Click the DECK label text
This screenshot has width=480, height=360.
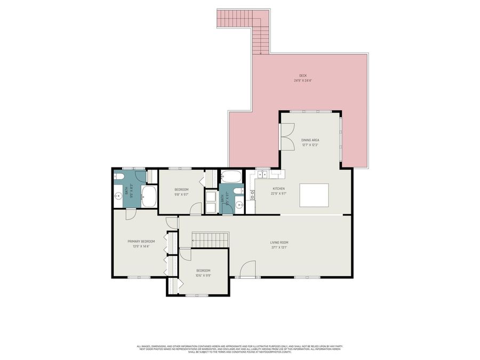(x=303, y=76)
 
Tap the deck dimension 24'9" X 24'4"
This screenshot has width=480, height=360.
(x=303, y=81)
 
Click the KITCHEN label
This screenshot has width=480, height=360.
(x=279, y=188)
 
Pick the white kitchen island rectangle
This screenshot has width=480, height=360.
(x=314, y=195)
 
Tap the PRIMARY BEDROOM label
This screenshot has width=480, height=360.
(x=137, y=241)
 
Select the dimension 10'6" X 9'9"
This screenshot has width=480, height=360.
(x=203, y=275)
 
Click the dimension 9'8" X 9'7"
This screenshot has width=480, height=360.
(x=181, y=195)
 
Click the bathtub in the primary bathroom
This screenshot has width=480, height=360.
(x=148, y=197)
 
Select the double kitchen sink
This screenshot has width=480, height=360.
(x=263, y=174)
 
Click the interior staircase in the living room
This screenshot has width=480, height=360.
(x=210, y=239)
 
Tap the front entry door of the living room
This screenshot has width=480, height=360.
(x=247, y=271)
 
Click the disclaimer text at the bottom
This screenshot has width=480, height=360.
(x=239, y=349)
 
